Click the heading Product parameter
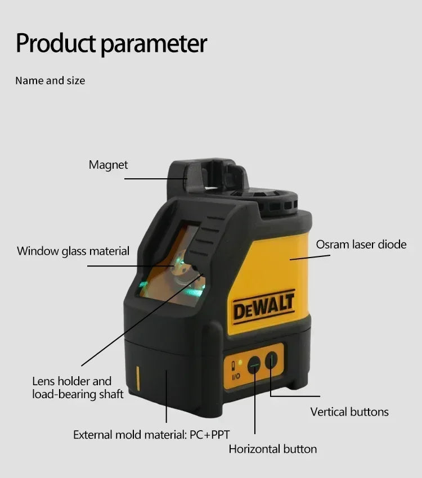[x=111, y=43]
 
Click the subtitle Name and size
[x=50, y=80]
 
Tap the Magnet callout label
[x=108, y=165]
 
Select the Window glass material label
[x=73, y=251]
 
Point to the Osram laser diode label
[x=361, y=244]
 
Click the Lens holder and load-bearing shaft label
[x=78, y=387]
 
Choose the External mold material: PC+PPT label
[x=151, y=434]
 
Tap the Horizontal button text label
[x=272, y=449]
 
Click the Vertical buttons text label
[x=349, y=412]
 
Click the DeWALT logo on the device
[x=263, y=307]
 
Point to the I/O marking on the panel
[x=236, y=376]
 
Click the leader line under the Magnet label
[x=155, y=179]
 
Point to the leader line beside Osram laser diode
[x=309, y=258]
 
